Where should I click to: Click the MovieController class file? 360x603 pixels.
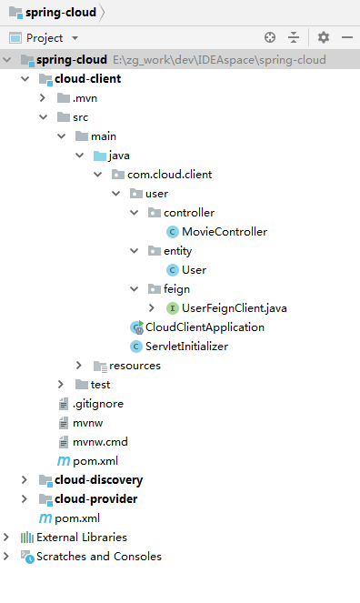tap(224, 231)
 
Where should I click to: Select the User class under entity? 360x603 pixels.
tap(194, 269)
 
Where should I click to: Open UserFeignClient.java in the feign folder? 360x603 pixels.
tap(235, 307)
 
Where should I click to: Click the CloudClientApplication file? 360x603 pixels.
tap(205, 327)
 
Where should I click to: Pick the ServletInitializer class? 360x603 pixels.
tap(186, 346)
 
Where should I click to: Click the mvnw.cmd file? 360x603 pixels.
tap(94, 441)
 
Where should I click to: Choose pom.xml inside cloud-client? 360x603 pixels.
tap(95, 460)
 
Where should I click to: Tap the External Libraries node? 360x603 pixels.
tap(82, 537)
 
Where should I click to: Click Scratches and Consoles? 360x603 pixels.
tap(98, 556)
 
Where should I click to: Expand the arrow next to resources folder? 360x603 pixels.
tap(79, 365)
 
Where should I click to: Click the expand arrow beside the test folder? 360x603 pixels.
tap(61, 384)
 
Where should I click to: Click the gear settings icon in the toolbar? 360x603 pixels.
tap(324, 37)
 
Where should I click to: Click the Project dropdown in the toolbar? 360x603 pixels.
tap(44, 37)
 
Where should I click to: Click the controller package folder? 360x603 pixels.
tap(189, 212)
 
